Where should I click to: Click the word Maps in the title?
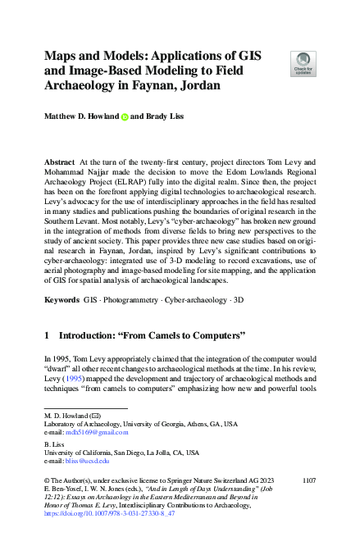[63, 57]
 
